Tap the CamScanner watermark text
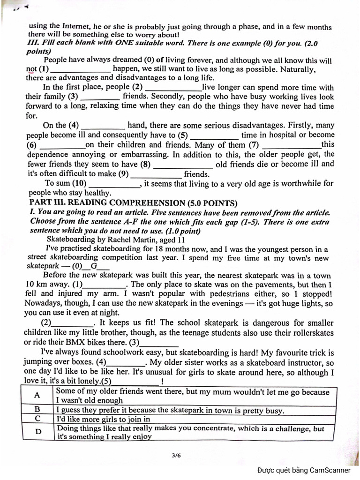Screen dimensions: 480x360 coord(303,470)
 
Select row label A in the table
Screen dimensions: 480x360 coord(37,395)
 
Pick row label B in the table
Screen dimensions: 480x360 coord(37,409)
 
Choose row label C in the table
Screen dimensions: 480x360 coord(37,418)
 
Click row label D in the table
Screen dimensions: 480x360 coord(37,431)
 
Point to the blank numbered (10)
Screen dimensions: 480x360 coord(114,184)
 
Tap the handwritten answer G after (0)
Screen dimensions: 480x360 coord(94,266)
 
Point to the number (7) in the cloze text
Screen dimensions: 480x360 coord(254,144)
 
